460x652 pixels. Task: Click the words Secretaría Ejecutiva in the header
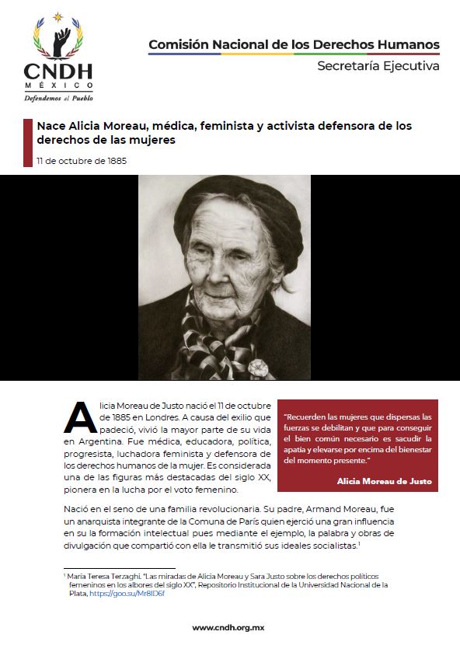[x=378, y=66]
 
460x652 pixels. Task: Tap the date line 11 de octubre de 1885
[x=82, y=161]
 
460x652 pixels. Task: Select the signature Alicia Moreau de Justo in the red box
[x=384, y=482]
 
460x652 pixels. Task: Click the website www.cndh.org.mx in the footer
[x=230, y=627]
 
